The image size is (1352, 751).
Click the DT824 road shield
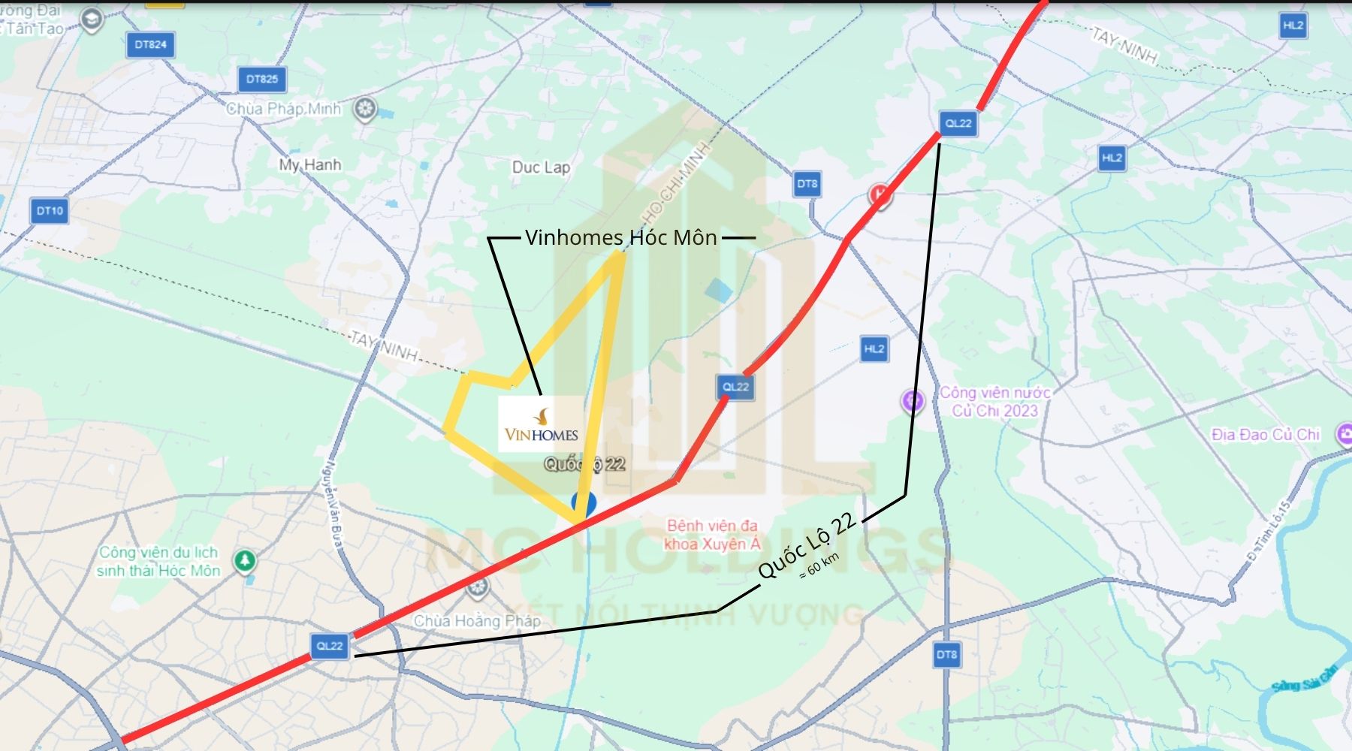click(150, 45)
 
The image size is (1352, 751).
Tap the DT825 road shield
click(261, 79)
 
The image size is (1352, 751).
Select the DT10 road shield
click(50, 211)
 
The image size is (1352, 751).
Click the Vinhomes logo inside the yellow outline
click(541, 424)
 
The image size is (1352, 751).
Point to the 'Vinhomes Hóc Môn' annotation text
click(621, 238)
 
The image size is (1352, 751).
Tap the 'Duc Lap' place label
click(541, 167)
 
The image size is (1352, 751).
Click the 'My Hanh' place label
click(309, 164)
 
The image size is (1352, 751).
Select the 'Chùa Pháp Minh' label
click(284, 109)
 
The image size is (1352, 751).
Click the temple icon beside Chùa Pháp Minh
click(365, 110)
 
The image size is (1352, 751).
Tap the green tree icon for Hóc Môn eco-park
click(245, 560)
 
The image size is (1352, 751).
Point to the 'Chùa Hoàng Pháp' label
click(477, 621)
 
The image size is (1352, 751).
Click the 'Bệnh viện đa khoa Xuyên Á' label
click(712, 535)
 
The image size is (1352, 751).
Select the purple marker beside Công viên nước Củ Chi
click(913, 401)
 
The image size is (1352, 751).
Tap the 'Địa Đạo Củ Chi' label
click(1266, 434)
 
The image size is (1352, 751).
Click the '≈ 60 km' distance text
click(819, 566)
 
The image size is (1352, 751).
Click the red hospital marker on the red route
click(880, 195)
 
